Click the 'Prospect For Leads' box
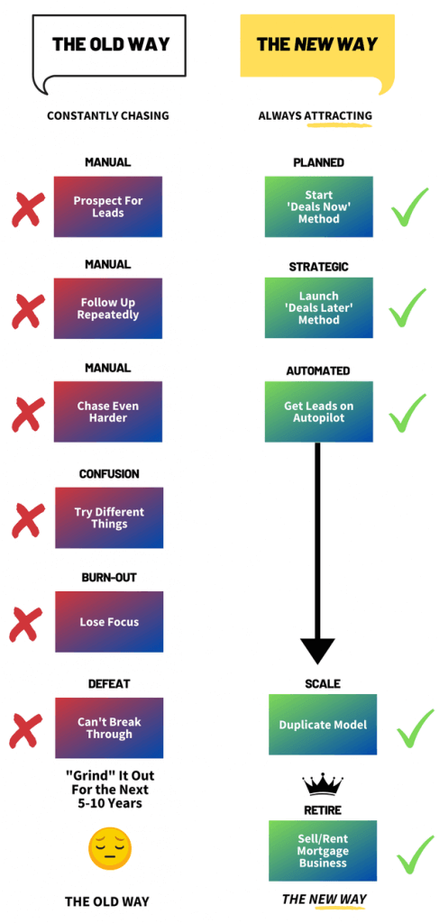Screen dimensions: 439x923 [x=107, y=206]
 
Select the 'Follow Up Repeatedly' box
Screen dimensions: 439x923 [x=107, y=308]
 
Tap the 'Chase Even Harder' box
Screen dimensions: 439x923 [x=107, y=411]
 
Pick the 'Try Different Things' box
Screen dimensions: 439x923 [x=109, y=517]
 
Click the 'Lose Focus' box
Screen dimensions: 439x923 [x=109, y=622]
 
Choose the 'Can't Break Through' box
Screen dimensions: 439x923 [x=109, y=727]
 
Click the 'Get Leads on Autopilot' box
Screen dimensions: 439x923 [x=318, y=411]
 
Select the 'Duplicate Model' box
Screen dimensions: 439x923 [x=323, y=725]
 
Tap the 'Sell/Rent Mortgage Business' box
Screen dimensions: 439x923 [x=323, y=851]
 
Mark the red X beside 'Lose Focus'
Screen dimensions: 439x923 [x=26, y=624]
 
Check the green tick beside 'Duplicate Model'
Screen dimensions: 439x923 [x=416, y=727]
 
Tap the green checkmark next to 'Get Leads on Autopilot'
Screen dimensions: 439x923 [x=407, y=413]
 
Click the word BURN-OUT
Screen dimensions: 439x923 [x=109, y=577]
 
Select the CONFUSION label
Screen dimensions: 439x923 [x=109, y=473]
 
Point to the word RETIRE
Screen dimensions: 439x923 [x=323, y=810]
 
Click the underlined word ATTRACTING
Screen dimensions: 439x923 [x=338, y=115]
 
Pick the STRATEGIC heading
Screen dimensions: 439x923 [x=318, y=267]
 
